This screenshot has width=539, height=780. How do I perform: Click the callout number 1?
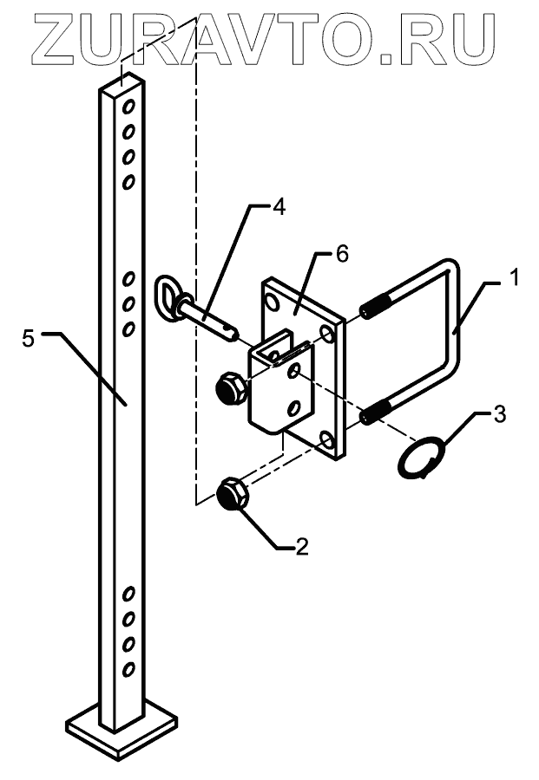[515, 278]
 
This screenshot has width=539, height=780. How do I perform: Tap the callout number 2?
[302, 547]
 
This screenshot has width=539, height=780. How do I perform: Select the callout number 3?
[499, 413]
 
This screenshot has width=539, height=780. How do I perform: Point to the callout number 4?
[277, 207]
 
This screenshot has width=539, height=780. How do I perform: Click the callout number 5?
[29, 338]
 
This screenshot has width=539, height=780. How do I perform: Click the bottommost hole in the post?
[128, 668]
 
